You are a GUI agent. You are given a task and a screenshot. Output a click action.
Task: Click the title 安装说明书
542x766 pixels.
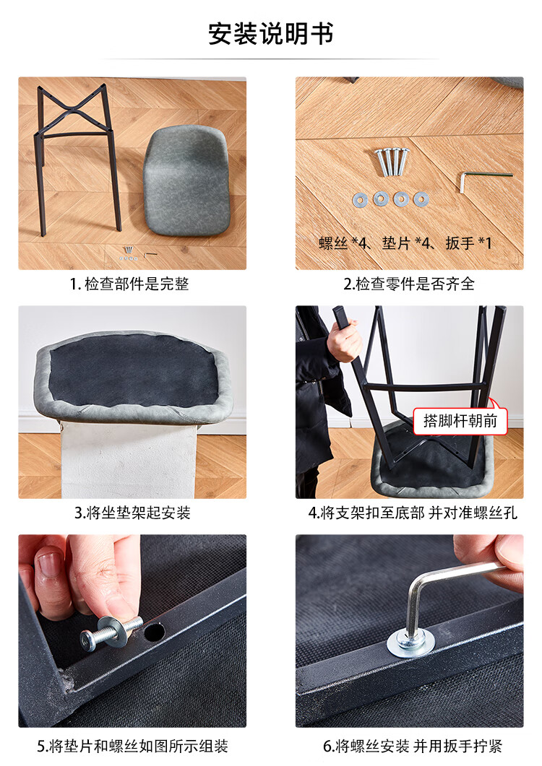pos(270,34)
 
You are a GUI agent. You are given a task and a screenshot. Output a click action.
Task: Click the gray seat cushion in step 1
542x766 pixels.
pos(187,180)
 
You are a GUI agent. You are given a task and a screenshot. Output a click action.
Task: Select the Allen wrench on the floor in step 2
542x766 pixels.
pos(484,179)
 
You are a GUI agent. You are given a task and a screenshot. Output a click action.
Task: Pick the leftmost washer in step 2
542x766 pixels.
pos(360,199)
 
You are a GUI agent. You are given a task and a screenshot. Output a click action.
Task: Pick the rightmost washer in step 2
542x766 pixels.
pos(421,199)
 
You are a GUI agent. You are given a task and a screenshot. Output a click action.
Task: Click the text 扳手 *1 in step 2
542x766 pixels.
pos(468,243)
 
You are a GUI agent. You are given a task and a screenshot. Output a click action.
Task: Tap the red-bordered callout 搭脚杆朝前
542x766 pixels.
pos(460,421)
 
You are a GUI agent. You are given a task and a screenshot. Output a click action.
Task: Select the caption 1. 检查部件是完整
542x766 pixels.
pos(129,284)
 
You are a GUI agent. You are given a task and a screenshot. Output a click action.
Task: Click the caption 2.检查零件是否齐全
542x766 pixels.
pos(409,284)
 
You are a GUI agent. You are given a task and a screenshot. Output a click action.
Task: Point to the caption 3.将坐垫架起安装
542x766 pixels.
pos(132,513)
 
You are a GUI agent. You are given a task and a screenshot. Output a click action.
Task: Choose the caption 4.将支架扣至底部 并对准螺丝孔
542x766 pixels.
pos(413,513)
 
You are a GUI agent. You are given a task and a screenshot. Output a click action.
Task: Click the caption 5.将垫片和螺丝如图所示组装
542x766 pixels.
pos(132,746)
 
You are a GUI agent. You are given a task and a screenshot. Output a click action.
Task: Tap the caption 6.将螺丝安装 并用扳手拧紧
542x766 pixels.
pos(413,746)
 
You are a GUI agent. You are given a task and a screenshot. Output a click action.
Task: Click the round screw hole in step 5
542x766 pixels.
pos(154,632)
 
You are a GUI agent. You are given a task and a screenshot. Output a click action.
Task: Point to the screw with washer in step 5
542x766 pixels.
pos(111,633)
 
